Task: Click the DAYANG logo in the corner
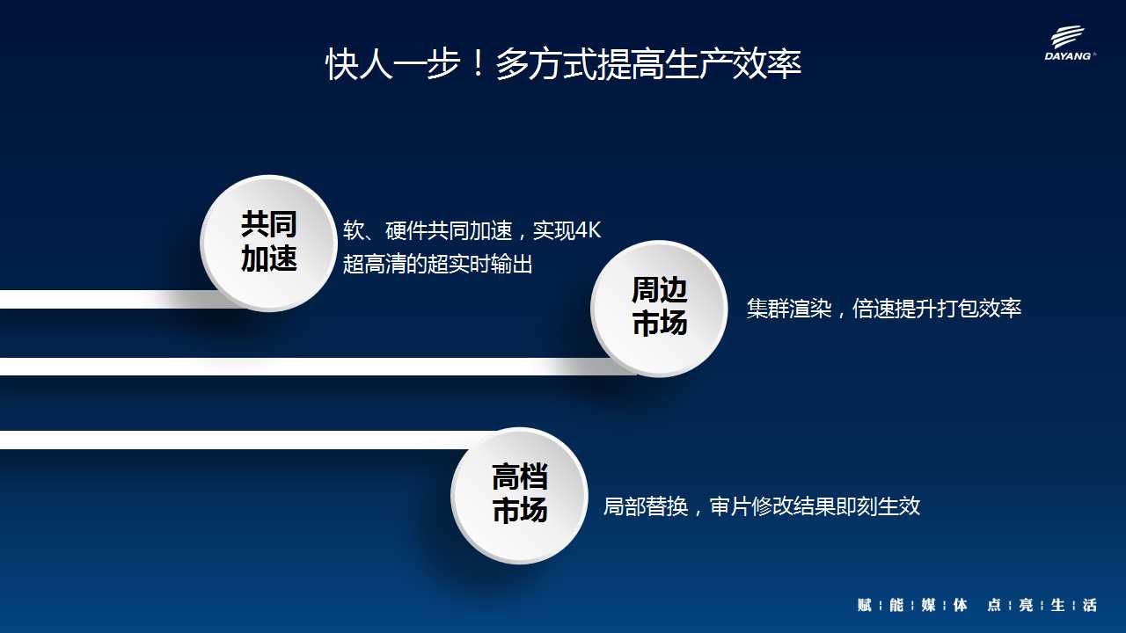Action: pos(1070,43)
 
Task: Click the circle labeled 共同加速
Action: pos(269,244)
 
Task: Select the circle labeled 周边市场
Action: pos(659,309)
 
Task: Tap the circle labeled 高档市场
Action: pos(519,495)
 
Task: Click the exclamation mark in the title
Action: pos(478,63)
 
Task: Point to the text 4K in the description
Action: pos(588,230)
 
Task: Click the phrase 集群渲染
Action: pos(789,308)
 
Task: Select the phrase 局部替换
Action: pos(646,506)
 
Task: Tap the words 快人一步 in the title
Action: pos(393,64)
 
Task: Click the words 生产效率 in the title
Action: pos(733,64)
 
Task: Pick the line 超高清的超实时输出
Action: pos(437,264)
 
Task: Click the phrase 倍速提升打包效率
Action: pos(937,308)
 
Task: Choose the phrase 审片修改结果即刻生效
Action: pos(815,506)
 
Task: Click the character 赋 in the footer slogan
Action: pos(864,605)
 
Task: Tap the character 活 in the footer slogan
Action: pos(1089,605)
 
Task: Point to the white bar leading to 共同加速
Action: pos(111,300)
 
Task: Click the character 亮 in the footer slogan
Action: pos(1026,605)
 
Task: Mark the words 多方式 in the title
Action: pos(546,64)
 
